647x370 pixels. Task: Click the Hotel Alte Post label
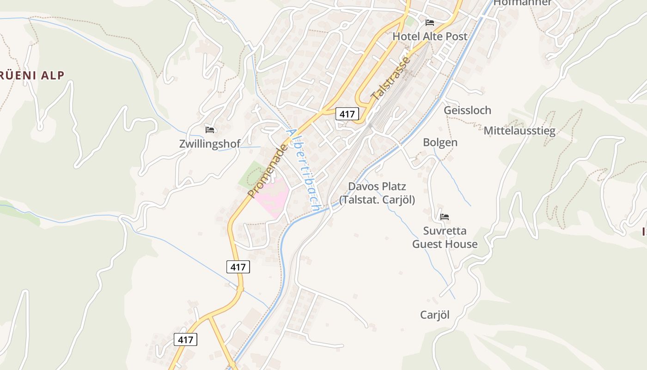[x=430, y=36]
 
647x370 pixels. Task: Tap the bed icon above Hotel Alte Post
[x=430, y=22]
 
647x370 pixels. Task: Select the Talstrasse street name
[x=391, y=79]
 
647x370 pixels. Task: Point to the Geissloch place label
[x=467, y=110]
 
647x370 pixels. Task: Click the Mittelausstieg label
[x=519, y=131]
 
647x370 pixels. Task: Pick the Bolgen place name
[x=440, y=142]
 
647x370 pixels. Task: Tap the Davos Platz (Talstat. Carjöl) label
[x=377, y=193]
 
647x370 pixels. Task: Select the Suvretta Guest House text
[x=445, y=237]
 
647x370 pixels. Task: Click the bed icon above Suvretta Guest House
[x=445, y=216]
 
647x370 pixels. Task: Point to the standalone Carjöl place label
[x=434, y=315]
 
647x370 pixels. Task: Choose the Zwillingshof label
[x=210, y=144]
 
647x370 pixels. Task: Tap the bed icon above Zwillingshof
[x=210, y=129]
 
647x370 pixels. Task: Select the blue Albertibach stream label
[x=303, y=170]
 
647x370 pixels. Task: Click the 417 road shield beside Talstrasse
[x=347, y=114]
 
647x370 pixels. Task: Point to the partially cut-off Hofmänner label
[x=522, y=3]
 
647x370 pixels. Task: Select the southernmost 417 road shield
[x=185, y=339]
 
